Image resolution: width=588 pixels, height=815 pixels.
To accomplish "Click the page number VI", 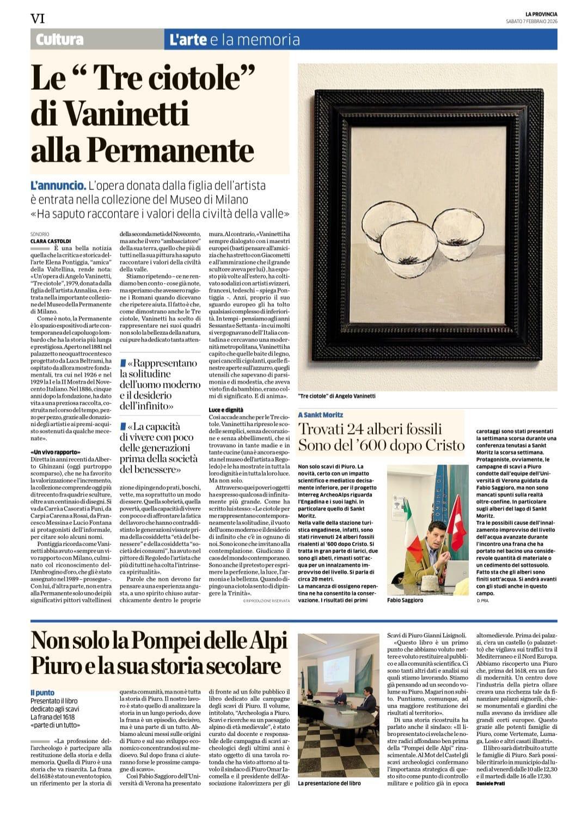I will (38, 19).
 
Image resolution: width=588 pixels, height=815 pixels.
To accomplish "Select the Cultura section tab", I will (60, 40).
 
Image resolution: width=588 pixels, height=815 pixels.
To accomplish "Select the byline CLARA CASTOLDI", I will (51, 241).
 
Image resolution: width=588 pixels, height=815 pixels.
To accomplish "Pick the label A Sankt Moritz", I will (321, 415).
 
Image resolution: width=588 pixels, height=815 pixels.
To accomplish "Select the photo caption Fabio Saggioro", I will (406, 600).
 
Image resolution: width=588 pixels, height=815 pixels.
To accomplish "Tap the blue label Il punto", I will (42, 693).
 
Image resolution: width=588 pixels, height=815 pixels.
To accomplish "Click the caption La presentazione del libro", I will (329, 783).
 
